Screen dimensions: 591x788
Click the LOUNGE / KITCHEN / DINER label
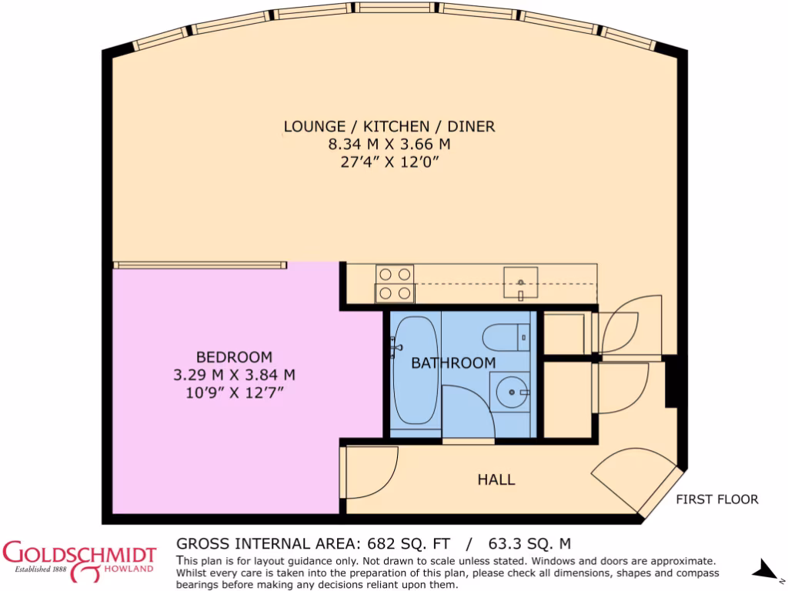point(389,126)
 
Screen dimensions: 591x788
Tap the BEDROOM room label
point(234,357)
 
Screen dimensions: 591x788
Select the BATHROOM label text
point(453,362)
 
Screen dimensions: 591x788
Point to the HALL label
point(496,479)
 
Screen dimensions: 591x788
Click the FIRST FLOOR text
point(716,499)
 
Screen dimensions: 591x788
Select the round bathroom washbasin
point(509,392)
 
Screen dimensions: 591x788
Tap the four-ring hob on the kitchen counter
point(395,283)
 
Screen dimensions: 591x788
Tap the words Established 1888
point(34,570)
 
